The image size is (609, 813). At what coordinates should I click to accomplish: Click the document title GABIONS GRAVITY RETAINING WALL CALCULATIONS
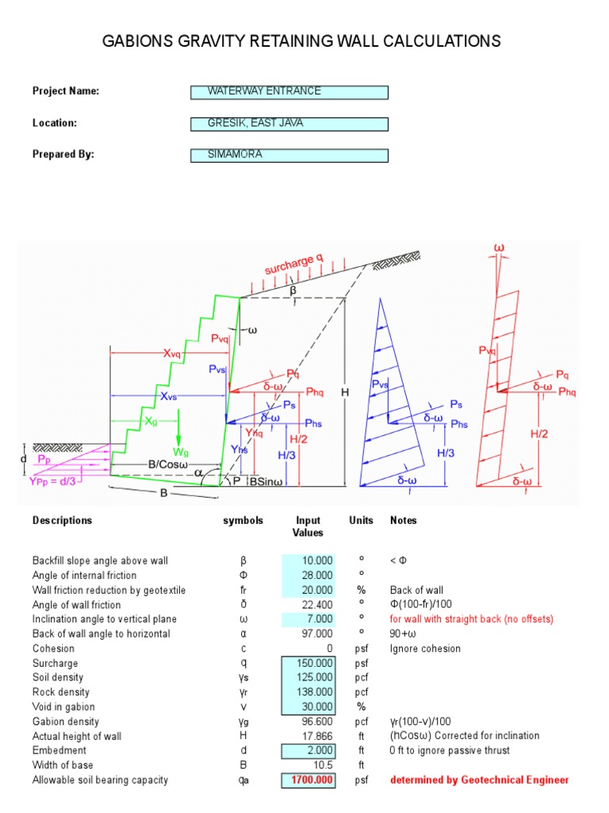301,41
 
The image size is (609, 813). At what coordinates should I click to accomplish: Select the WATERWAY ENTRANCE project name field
289,92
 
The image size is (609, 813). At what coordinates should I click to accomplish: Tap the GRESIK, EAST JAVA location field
289,124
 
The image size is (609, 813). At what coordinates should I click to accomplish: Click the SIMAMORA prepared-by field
289,156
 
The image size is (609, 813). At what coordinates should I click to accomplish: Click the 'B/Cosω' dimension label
166,464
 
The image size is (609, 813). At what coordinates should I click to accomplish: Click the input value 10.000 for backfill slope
308,561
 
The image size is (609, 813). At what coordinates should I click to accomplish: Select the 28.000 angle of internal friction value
308,576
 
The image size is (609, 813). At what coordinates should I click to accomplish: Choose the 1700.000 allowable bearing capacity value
308,780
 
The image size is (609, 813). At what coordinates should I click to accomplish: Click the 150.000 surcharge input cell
308,663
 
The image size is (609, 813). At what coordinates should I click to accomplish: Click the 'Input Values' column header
308,526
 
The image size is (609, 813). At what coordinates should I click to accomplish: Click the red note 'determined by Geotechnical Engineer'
479,780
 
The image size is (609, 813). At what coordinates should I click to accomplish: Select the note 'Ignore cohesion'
425,649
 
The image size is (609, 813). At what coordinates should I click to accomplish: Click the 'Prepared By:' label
63,155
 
